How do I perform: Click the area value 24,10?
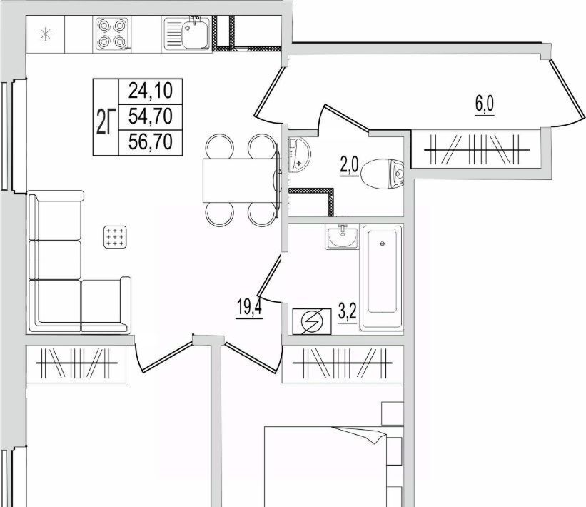click(150, 91)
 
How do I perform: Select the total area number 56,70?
click(150, 141)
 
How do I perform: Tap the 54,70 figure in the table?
click(150, 116)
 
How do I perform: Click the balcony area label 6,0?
click(485, 105)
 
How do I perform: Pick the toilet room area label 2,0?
click(349, 166)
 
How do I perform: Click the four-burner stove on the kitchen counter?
click(112, 34)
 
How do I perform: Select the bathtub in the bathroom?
click(382, 278)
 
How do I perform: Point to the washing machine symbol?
click(312, 321)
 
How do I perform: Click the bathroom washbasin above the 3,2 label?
click(342, 237)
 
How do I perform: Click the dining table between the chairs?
click(241, 181)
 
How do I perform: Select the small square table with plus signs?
click(115, 237)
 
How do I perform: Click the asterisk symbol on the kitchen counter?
click(46, 35)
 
